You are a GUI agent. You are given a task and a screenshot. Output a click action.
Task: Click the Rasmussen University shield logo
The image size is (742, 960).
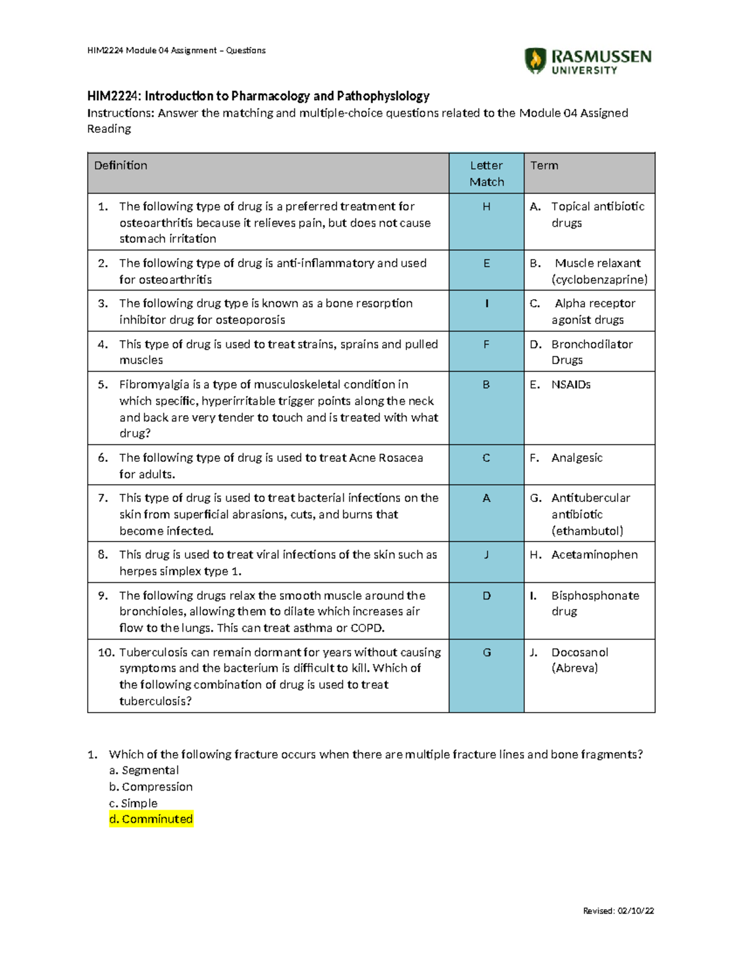pyautogui.click(x=535, y=61)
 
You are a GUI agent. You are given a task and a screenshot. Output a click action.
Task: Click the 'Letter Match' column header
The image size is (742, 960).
pyautogui.click(x=487, y=174)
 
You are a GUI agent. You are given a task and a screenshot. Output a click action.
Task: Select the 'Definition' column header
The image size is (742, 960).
pyautogui.click(x=121, y=166)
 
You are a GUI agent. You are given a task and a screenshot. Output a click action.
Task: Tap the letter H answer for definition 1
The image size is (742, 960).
pyautogui.click(x=487, y=206)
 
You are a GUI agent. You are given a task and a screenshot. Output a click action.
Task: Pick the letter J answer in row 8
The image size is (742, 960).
pyautogui.click(x=487, y=554)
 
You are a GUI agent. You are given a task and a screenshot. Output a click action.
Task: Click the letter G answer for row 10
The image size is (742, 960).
pyautogui.click(x=487, y=652)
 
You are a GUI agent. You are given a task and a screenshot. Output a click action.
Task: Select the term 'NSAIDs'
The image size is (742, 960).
pyautogui.click(x=571, y=384)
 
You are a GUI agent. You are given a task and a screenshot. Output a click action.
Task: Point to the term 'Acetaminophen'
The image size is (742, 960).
pyautogui.click(x=594, y=554)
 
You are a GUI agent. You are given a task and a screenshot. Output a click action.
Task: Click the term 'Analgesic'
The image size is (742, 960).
pyautogui.click(x=577, y=457)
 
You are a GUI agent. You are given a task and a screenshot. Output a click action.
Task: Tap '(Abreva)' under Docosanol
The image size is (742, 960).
pyautogui.click(x=575, y=668)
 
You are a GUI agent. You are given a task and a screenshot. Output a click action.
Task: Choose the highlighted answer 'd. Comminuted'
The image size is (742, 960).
pyautogui.click(x=151, y=819)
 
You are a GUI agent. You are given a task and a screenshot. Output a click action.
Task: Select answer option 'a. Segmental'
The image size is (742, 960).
pyautogui.click(x=144, y=770)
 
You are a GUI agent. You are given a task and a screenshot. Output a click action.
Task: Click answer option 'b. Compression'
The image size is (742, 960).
pyautogui.click(x=151, y=787)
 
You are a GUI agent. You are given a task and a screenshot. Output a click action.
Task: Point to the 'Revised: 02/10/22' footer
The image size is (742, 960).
pyautogui.click(x=618, y=911)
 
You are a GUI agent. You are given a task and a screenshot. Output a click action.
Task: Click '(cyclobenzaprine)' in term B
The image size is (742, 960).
pyautogui.click(x=600, y=279)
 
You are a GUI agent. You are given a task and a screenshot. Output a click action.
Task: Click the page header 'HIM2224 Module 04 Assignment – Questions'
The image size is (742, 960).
pyautogui.click(x=177, y=50)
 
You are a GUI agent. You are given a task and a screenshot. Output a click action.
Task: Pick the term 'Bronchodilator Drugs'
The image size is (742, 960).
pyautogui.click(x=592, y=352)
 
